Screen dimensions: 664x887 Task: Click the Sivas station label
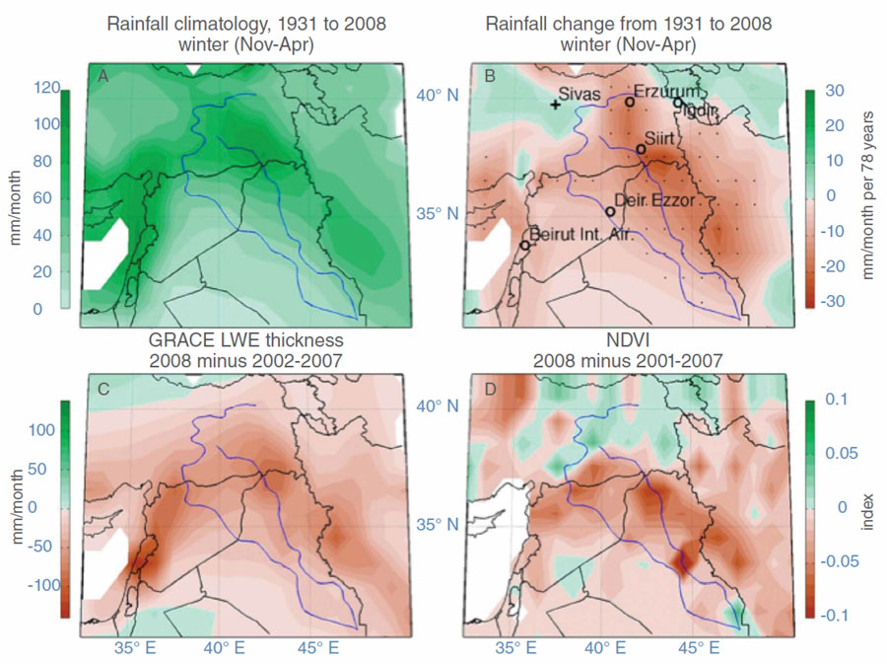coord(580,94)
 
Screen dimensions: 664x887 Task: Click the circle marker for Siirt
coord(641,149)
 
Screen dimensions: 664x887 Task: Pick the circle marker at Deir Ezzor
coord(610,211)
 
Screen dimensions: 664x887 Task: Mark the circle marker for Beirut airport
coord(525,245)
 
